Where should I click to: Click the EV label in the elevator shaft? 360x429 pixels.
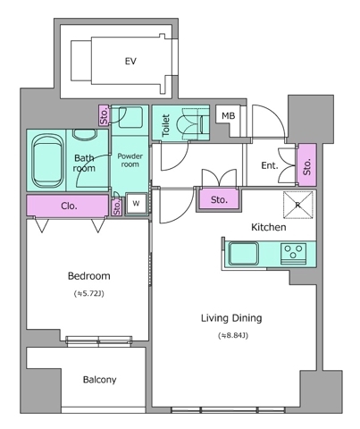tap(130, 62)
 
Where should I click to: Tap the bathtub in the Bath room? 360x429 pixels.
tap(47, 161)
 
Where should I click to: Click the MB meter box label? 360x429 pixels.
tap(228, 115)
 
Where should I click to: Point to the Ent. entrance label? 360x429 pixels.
tap(270, 165)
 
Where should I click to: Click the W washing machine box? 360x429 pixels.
tap(136, 204)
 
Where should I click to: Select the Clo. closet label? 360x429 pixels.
tap(69, 206)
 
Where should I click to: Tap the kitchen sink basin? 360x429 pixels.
tap(243, 254)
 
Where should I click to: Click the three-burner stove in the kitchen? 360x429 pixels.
tap(294, 254)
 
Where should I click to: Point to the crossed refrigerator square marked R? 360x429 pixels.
tap(297, 205)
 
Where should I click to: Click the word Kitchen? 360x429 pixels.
tap(269, 227)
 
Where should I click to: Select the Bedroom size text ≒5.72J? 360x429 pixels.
tap(89, 294)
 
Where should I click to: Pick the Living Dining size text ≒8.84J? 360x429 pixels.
tap(233, 336)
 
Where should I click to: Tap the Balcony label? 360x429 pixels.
tap(99, 380)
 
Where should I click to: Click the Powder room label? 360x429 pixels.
tap(130, 160)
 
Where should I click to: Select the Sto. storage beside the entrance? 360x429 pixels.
tap(307, 165)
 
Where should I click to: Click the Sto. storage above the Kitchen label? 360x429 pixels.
tap(219, 199)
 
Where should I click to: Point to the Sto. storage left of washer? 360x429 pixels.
tap(117, 206)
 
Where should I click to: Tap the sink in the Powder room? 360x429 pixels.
tap(130, 116)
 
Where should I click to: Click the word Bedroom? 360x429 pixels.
tap(89, 276)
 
